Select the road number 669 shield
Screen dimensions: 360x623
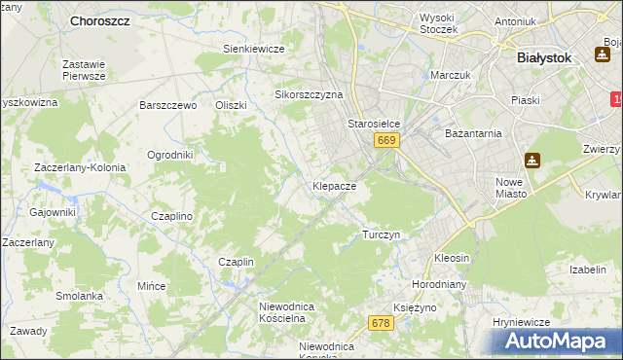pos(386,141)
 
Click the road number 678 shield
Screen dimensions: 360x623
pos(381,322)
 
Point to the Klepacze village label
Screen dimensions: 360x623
pos(334,185)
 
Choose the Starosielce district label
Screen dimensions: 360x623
pos(375,125)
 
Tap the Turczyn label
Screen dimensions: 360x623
pos(381,235)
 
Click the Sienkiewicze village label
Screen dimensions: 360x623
pos(253,49)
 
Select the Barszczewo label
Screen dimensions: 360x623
pos(168,105)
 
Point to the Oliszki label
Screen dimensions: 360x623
pos(232,105)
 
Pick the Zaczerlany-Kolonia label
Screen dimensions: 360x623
pos(80,167)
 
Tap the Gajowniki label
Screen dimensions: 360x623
pos(53,212)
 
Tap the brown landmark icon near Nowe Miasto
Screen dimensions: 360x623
pos(532,160)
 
